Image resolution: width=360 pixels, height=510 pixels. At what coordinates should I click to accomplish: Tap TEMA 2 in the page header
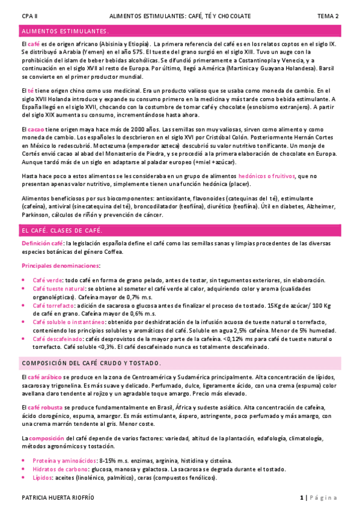(328, 16)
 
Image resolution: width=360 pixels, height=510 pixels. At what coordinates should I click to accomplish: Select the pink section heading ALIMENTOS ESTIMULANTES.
(65, 31)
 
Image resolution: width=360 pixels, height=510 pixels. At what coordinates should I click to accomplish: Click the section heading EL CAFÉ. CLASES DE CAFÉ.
(62, 230)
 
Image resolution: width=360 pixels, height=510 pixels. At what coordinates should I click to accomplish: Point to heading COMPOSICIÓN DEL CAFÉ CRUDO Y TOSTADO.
(91, 363)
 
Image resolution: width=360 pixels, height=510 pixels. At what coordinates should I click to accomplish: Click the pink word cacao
(37, 130)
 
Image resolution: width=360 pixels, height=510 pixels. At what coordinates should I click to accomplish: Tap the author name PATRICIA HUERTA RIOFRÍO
(58, 498)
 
